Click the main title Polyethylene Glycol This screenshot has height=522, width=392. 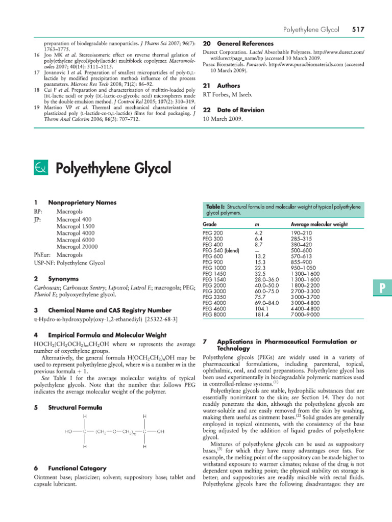coord(112,168)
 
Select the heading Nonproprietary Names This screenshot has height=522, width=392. coord(82,202)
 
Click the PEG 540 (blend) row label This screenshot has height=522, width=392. coord(221,250)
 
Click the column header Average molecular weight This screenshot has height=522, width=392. coord(319,224)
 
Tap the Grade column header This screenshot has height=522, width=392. coord(210,224)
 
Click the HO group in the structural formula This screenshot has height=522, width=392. coord(68,431)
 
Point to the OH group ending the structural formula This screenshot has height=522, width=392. coord(160,431)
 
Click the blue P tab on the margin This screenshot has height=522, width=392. coord(380,289)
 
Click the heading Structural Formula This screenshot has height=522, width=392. coord(75,408)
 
